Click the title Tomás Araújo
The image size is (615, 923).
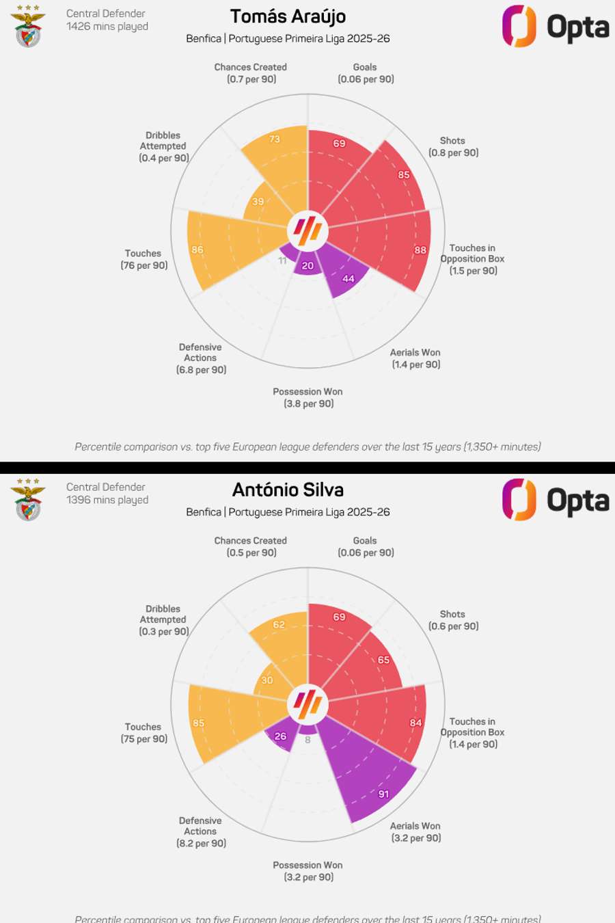(288, 16)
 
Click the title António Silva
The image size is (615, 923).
(288, 490)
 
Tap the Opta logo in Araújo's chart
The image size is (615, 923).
(555, 27)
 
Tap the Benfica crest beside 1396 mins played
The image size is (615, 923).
(28, 500)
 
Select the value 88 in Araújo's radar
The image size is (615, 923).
(420, 250)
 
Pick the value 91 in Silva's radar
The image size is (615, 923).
(384, 794)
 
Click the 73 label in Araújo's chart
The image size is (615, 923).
(275, 139)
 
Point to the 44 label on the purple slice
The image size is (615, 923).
(348, 279)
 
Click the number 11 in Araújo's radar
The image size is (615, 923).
(282, 260)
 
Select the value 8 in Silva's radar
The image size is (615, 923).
(307, 740)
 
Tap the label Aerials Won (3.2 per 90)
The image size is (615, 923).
(415, 832)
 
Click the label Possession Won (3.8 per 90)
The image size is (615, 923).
(308, 398)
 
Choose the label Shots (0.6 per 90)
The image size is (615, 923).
(453, 620)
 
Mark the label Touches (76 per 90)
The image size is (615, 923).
(143, 259)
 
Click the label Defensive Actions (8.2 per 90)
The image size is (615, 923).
(201, 832)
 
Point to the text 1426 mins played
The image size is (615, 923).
(107, 27)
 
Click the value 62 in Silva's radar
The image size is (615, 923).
(279, 624)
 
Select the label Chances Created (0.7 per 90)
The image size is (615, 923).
(251, 73)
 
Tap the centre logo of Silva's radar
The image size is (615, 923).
(307, 704)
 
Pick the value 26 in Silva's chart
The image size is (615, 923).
(280, 736)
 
